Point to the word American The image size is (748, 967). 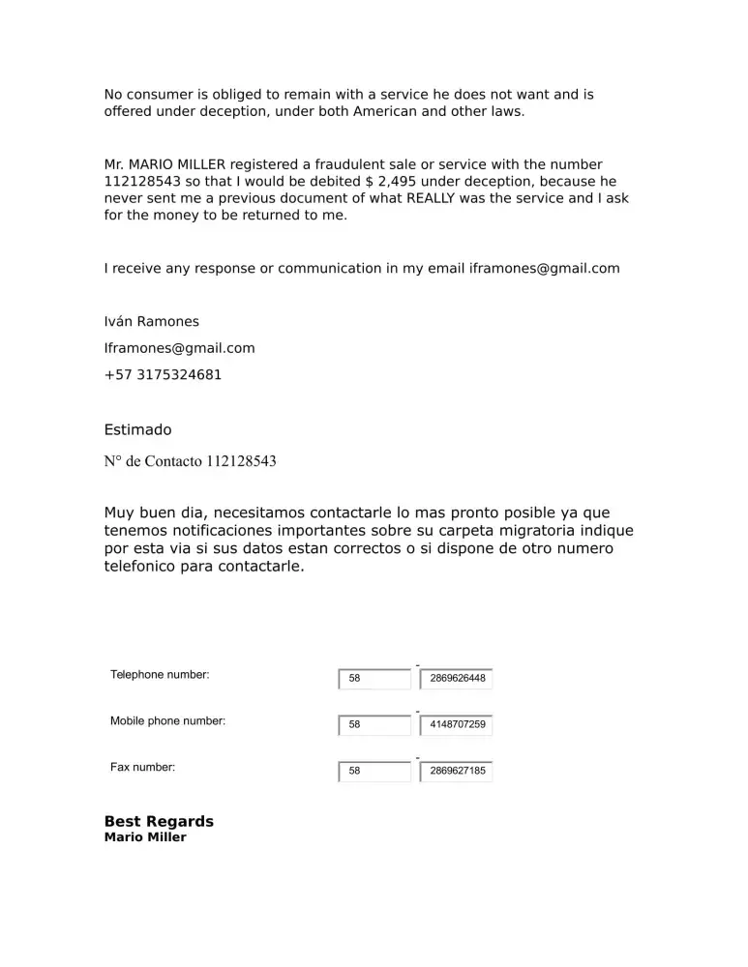(x=389, y=111)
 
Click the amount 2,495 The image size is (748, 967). (x=397, y=181)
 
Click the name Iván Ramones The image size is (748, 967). (x=151, y=322)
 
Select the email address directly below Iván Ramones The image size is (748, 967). (x=179, y=348)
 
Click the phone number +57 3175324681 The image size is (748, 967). (x=163, y=374)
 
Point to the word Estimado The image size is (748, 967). (x=137, y=429)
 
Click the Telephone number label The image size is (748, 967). (x=160, y=675)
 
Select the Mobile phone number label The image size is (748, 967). (x=167, y=721)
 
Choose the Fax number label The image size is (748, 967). (x=142, y=768)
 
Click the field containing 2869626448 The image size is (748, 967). (x=456, y=679)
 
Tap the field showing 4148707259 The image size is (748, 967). (x=456, y=725)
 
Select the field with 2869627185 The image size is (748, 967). (x=456, y=772)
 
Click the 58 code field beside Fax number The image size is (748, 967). (x=374, y=772)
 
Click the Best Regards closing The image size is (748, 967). (x=159, y=822)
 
